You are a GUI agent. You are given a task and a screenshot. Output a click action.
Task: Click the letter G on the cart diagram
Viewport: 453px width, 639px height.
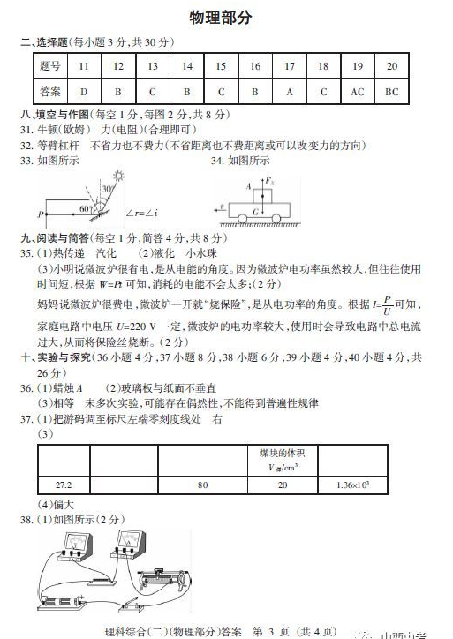(x=256, y=213)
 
